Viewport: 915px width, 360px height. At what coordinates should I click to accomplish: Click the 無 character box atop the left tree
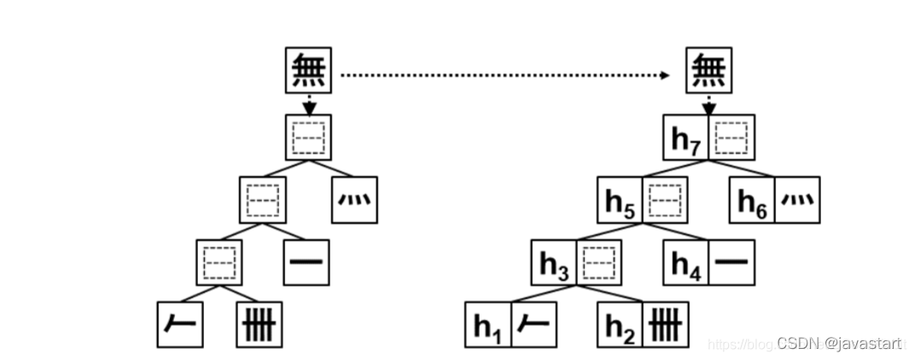pos(307,71)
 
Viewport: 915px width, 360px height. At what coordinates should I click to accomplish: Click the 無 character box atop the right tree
pos(708,71)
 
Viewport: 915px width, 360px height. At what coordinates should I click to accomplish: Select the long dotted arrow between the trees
pos(504,75)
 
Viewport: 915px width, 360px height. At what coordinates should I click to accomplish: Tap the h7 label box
pos(686,137)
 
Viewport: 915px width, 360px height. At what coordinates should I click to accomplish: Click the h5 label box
pos(621,200)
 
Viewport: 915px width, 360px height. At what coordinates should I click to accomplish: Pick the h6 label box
pos(752,200)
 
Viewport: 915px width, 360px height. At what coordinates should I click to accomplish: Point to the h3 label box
pos(555,263)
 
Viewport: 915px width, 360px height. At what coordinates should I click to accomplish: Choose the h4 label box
pos(686,263)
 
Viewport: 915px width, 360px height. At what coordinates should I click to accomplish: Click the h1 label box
pos(488,325)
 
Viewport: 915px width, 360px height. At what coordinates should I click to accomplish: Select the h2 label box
pos(621,325)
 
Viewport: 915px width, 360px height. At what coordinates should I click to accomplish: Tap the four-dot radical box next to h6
pos(797,200)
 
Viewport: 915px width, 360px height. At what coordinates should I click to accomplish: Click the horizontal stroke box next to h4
pos(731,263)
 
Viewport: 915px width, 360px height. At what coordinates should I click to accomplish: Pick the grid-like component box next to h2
pos(666,325)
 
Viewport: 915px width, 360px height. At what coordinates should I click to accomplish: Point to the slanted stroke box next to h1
pos(533,325)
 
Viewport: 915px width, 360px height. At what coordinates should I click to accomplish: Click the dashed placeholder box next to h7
pos(731,137)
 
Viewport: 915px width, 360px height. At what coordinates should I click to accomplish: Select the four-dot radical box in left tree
pos(355,200)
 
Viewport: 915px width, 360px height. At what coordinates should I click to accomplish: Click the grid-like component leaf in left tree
pos(259,325)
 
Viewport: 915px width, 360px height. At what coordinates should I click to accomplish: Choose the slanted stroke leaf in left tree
pos(180,325)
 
